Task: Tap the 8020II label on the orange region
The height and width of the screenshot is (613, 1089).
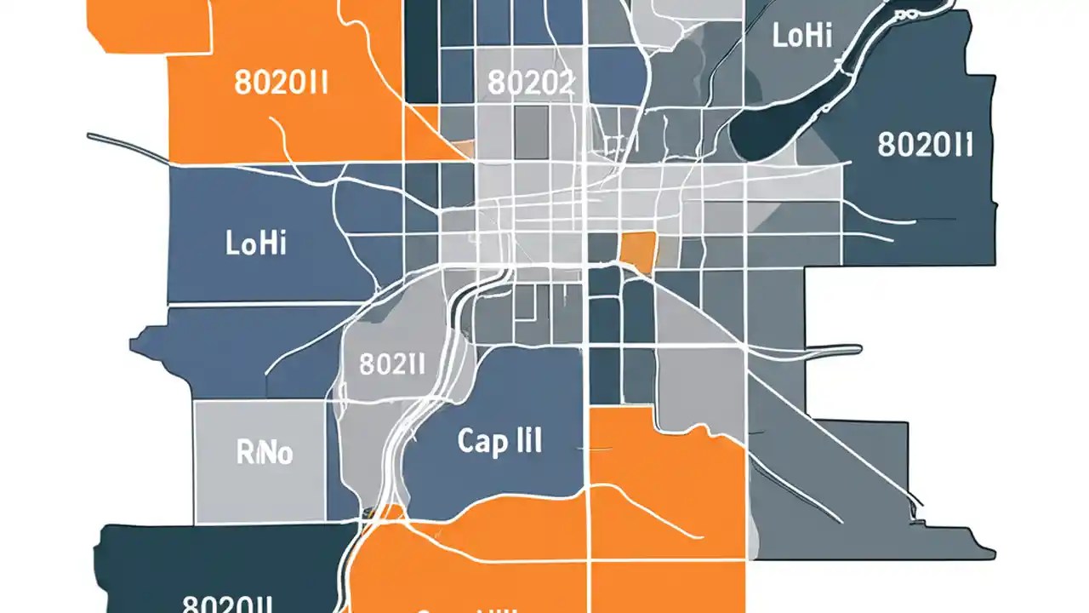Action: tap(282, 86)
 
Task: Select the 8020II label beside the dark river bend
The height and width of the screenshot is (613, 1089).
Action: tap(925, 145)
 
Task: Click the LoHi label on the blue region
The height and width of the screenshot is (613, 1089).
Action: tap(256, 243)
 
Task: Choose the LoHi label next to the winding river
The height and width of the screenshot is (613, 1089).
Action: tap(802, 36)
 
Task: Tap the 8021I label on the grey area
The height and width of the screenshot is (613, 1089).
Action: tap(391, 364)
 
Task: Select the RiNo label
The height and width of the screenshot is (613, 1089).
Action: tap(264, 453)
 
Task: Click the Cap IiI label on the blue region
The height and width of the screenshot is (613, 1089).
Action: tap(499, 441)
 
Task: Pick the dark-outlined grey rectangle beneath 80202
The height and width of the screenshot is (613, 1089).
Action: tap(531, 133)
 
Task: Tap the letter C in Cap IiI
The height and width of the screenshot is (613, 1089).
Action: tap(469, 441)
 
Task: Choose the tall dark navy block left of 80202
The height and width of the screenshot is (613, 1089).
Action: tap(422, 51)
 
